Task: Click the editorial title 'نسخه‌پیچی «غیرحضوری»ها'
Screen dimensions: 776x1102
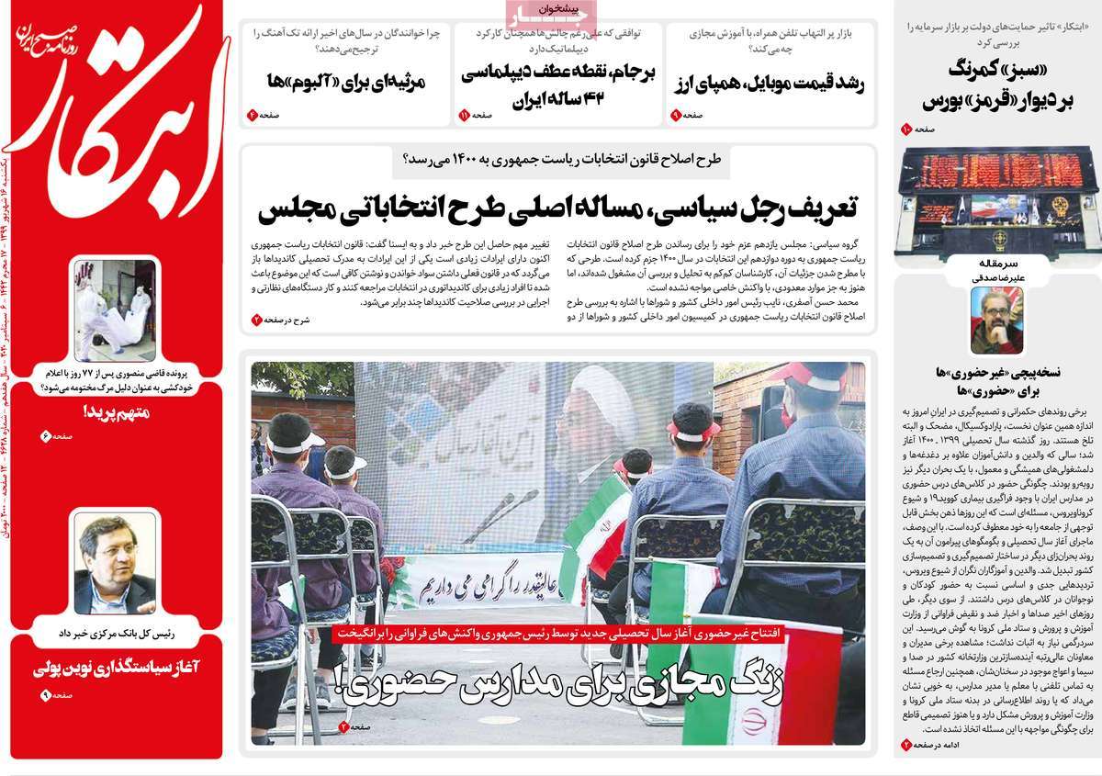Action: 996,380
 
